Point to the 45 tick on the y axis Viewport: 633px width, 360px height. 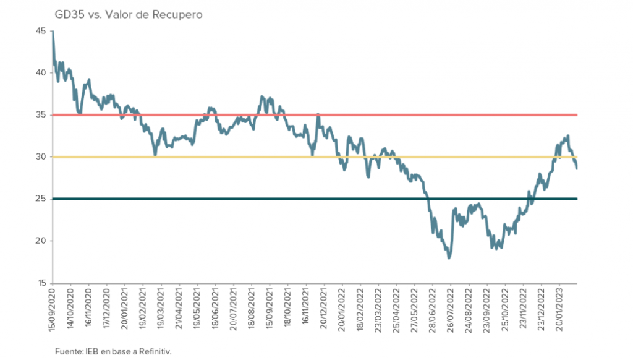42,30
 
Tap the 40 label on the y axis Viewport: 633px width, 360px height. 42,72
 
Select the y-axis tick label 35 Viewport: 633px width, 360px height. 42,114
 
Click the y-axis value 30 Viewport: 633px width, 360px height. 42,156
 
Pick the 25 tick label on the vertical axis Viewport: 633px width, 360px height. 42,199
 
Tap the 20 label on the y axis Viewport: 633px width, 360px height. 42,241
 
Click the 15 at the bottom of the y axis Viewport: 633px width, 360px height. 42,283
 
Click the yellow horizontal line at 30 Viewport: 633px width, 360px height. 247,157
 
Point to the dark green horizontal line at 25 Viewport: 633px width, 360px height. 247,199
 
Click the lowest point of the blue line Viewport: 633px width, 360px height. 449,258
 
